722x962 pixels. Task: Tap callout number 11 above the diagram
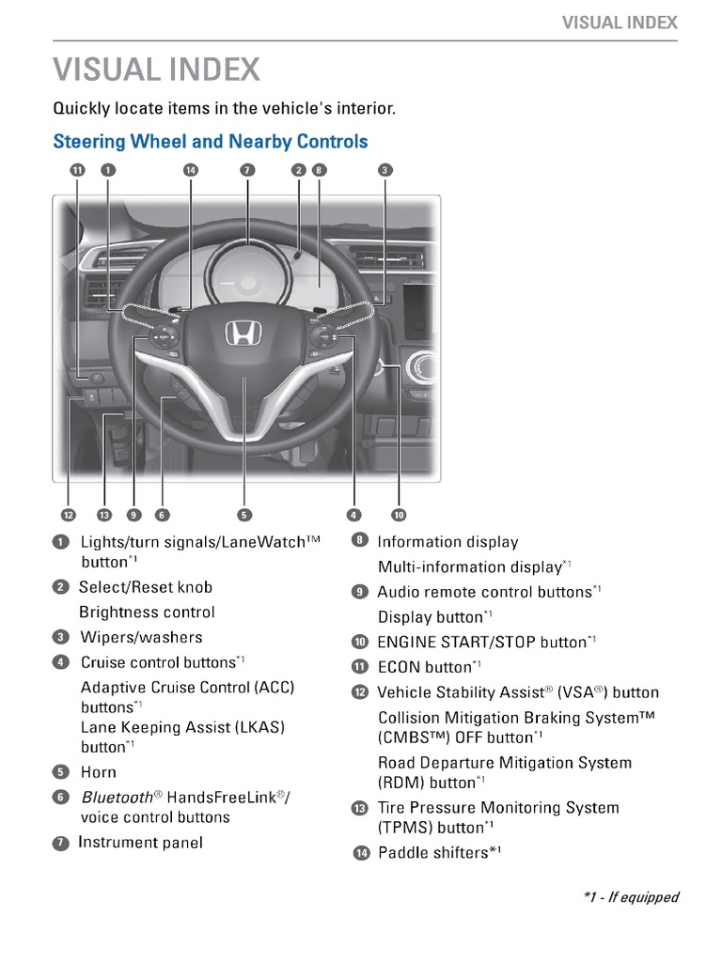pos(77,170)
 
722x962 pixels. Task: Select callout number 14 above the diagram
pos(191,170)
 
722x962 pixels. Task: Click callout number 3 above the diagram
pos(385,170)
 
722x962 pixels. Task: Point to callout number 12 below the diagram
pos(68,515)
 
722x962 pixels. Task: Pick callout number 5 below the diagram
pos(243,515)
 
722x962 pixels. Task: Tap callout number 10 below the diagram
pos(399,515)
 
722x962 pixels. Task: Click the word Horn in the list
pos(99,772)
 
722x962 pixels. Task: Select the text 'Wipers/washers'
pos(129,637)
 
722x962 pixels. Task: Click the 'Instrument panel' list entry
pos(140,843)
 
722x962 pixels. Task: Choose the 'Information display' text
pos(447,542)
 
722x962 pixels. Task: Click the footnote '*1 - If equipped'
pos(630,897)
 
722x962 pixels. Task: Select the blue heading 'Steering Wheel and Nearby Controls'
pos(211,142)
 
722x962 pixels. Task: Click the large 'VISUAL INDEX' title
pos(157,70)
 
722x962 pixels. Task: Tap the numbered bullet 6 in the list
pos(61,798)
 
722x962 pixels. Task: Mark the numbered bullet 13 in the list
pos(360,809)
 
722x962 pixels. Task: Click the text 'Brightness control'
pos(147,613)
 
